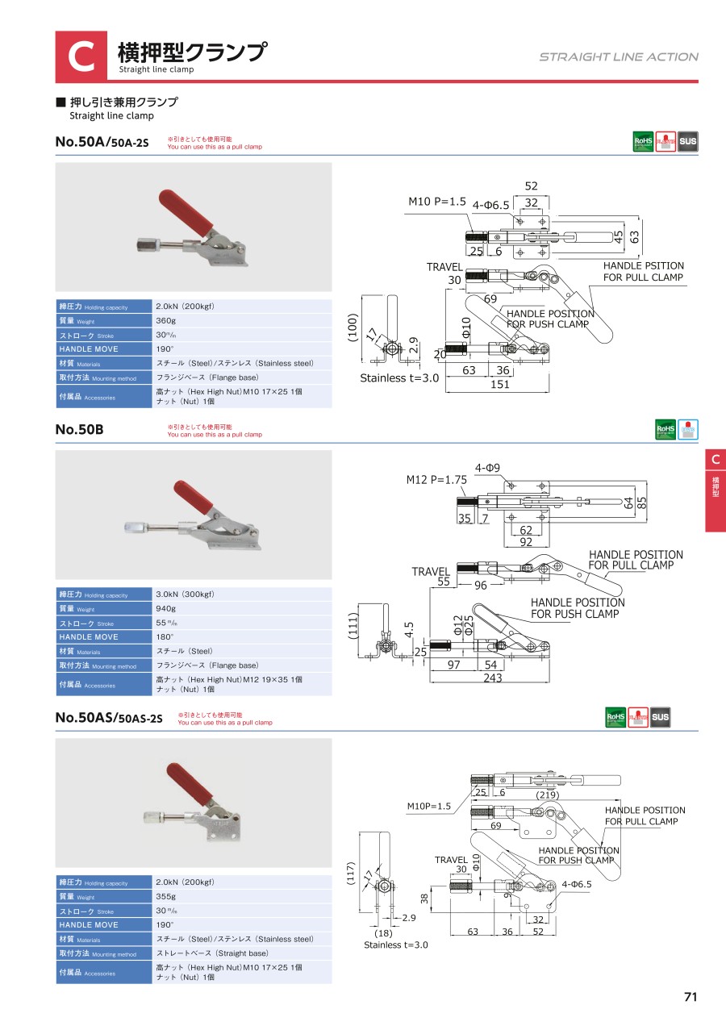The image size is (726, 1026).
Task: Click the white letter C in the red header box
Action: [81, 57]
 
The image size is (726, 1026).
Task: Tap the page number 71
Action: [690, 996]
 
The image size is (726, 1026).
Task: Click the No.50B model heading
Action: [79, 430]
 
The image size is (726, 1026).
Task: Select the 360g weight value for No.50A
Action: [166, 321]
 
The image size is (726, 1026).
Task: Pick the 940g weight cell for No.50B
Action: [166, 609]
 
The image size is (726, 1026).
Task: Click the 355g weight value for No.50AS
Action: [166, 897]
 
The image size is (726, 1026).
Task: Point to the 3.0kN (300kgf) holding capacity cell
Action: [185, 594]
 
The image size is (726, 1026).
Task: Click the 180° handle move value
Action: [166, 637]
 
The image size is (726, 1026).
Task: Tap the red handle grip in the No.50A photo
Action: [186, 209]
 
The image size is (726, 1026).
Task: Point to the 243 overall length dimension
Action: [492, 678]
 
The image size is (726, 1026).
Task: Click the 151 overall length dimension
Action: [500, 384]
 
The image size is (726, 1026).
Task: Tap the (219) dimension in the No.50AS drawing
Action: [548, 795]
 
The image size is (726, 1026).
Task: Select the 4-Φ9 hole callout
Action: [489, 468]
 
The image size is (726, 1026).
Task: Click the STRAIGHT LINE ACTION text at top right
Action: [619, 57]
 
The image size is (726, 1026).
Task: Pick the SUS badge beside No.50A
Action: [687, 142]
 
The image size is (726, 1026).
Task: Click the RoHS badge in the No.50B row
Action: [665, 429]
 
